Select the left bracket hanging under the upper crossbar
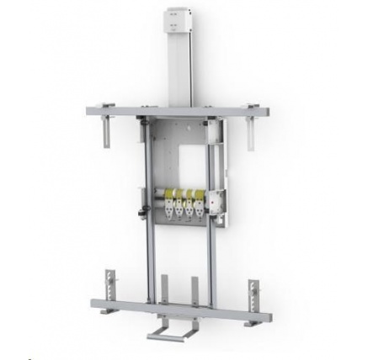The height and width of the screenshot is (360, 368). point(107,132)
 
